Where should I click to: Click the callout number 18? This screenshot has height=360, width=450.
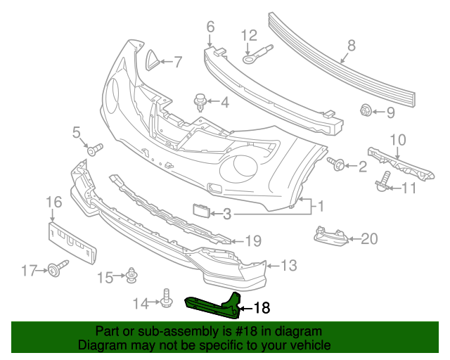261,307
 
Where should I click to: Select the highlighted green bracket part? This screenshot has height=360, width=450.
211,303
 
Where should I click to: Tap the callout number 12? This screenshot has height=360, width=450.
250,35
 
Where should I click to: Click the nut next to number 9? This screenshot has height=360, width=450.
366,110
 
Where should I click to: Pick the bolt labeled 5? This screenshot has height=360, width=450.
94,149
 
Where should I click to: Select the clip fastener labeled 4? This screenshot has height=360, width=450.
201,103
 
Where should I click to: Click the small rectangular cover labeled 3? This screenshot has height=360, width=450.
201,211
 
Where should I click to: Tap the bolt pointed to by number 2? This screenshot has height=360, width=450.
336,165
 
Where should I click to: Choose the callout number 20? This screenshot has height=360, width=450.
369,238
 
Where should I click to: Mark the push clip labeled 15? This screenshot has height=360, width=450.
131,277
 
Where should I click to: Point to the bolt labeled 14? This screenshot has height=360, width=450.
167,299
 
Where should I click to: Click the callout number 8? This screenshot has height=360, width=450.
351,46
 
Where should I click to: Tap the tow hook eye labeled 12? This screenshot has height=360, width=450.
259,54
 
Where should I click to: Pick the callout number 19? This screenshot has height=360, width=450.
252,240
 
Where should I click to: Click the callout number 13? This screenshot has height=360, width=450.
288,265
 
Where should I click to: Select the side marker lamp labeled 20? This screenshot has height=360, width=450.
330,236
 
